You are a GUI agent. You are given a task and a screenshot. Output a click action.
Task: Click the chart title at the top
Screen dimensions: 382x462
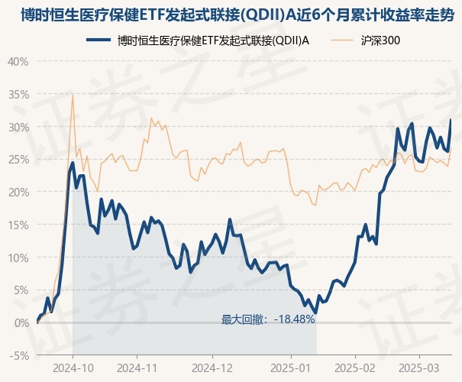(x=231, y=14)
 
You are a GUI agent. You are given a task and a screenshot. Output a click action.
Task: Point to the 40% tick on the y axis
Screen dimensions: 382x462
(x=18, y=61)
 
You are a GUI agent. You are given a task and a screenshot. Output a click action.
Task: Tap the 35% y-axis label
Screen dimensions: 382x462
(x=18, y=94)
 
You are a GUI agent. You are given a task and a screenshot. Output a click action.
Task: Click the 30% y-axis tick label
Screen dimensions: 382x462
(x=18, y=127)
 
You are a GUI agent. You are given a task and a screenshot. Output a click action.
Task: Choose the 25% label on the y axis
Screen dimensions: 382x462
(x=18, y=159)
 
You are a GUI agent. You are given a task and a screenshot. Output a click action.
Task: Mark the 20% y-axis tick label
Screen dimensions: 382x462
(x=18, y=192)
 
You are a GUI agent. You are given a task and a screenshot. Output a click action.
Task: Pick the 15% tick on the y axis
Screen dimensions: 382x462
(x=18, y=225)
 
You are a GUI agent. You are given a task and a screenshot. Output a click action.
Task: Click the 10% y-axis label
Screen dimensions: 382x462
(x=18, y=257)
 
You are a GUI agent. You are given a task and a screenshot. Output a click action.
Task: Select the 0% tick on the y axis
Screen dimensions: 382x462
(x=21, y=322)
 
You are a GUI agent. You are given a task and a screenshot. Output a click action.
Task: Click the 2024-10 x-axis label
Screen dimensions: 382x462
(x=73, y=368)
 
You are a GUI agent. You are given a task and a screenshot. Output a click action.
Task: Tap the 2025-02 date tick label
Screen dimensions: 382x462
(x=356, y=368)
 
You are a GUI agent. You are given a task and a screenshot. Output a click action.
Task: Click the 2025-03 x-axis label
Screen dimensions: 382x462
(x=419, y=368)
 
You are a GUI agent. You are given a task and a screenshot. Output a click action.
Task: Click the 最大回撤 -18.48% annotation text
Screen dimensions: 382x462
(x=268, y=319)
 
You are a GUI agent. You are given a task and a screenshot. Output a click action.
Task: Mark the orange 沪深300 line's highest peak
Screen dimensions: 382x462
(x=73, y=95)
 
